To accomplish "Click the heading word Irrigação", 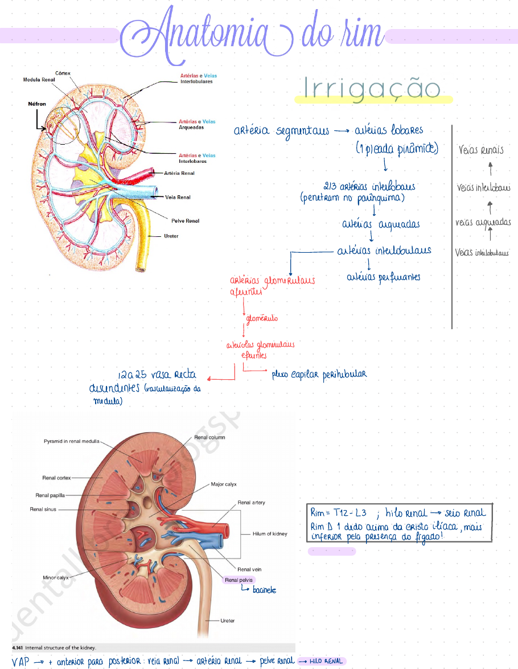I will tap(372, 90).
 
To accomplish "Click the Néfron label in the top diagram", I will tap(37, 104).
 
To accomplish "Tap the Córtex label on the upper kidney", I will tap(63, 73).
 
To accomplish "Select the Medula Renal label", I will tap(39, 80).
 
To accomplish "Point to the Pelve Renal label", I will tap(185, 220).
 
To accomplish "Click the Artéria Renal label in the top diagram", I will tap(179, 173).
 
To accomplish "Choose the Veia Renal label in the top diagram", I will tap(178, 197).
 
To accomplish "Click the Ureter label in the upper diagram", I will tap(170, 236).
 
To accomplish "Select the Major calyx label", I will tap(224, 484).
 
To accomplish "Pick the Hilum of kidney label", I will tap(270, 534).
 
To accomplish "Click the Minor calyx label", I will tap(56, 577).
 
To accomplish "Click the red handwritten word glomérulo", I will tap(262, 319).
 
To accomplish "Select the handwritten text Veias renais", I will tap(481, 151).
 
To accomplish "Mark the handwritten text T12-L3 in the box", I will tap(348, 513).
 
